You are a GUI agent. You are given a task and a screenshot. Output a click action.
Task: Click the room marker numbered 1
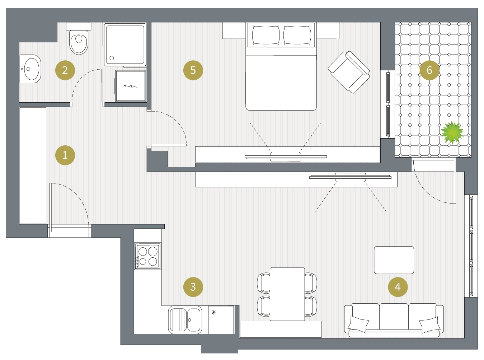(65, 155)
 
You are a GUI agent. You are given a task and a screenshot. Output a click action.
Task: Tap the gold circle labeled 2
(65, 70)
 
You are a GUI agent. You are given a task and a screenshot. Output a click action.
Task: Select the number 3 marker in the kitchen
(193, 287)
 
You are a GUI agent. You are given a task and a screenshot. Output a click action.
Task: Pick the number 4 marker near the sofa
(398, 287)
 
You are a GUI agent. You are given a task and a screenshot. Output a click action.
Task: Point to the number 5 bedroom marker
(193, 70)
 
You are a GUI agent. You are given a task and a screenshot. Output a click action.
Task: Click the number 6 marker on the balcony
(429, 70)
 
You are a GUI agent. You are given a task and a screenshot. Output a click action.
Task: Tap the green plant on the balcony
(452, 132)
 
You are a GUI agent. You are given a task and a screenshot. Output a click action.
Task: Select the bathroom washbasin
(30, 69)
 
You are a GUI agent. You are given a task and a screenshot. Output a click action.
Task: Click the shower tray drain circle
(112, 58)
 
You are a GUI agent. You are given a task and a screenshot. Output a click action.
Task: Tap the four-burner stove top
(147, 256)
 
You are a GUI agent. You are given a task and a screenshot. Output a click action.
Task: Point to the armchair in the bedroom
(349, 72)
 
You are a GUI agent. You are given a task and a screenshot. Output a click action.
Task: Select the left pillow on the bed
(266, 35)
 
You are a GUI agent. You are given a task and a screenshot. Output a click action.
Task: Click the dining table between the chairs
(287, 294)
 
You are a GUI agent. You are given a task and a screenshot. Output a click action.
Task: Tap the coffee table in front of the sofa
(394, 260)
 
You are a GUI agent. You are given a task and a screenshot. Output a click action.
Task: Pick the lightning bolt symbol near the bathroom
(131, 86)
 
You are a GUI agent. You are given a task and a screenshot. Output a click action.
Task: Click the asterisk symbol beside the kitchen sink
(213, 312)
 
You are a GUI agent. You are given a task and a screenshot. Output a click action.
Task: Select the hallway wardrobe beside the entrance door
(33, 165)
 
